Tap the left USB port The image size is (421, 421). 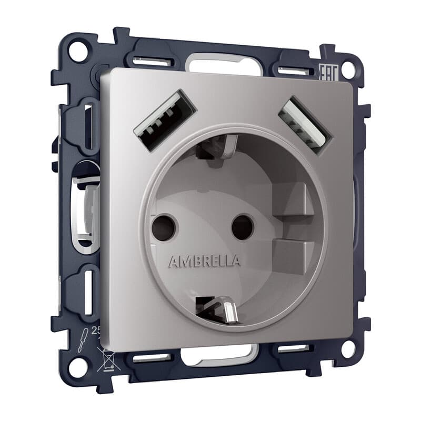coord(164,121)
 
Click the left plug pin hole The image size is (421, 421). coord(163,227)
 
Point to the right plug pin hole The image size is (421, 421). coord(242,227)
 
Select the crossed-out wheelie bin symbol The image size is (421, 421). coord(105,359)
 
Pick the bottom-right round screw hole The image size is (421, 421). coord(348,348)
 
